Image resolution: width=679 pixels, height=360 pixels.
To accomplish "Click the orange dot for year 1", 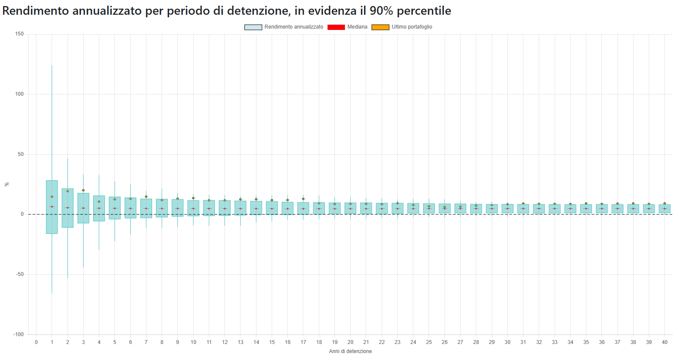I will [52, 197].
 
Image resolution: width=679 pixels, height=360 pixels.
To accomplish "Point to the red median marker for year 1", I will [52, 207].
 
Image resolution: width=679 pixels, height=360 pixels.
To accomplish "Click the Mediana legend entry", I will [348, 27].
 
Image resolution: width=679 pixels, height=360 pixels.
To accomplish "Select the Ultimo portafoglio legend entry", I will [402, 27].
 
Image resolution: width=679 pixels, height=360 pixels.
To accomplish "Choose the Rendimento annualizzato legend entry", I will [284, 27].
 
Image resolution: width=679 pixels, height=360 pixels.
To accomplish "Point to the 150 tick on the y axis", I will [19, 34].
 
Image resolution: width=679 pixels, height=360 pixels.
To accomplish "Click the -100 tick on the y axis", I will [18, 334].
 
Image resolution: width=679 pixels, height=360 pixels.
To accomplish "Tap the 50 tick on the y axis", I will [20, 154].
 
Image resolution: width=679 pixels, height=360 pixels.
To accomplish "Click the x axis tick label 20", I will [350, 342].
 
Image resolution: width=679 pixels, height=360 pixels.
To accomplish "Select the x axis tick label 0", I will [36, 342].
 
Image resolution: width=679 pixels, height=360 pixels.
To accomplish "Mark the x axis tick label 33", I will [555, 342].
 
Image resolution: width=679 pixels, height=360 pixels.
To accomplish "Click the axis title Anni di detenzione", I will [350, 351].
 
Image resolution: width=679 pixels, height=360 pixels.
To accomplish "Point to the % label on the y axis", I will [6, 184].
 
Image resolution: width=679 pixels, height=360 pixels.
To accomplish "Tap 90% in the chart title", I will [381, 11].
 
